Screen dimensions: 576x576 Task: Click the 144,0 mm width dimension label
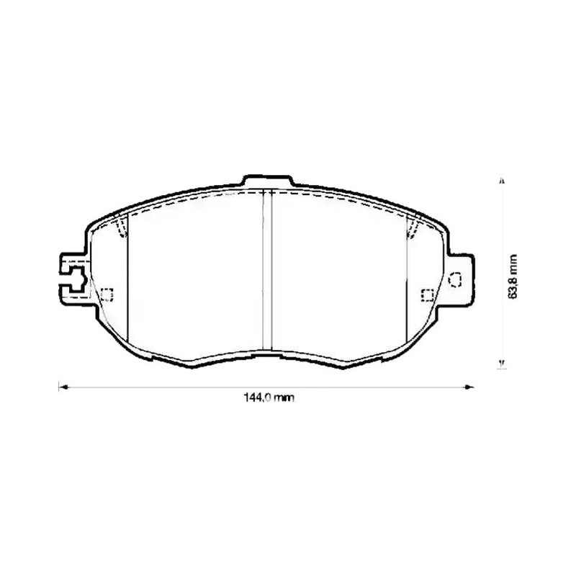coord(269,397)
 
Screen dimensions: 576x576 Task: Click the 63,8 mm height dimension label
coord(513,276)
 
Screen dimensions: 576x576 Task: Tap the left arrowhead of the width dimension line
coord(63,387)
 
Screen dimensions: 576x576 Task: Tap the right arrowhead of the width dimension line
coord(469,387)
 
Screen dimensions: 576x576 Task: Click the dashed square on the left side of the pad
coord(107,294)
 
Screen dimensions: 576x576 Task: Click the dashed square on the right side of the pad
coord(427,295)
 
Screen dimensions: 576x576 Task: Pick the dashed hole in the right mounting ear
coord(455,280)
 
